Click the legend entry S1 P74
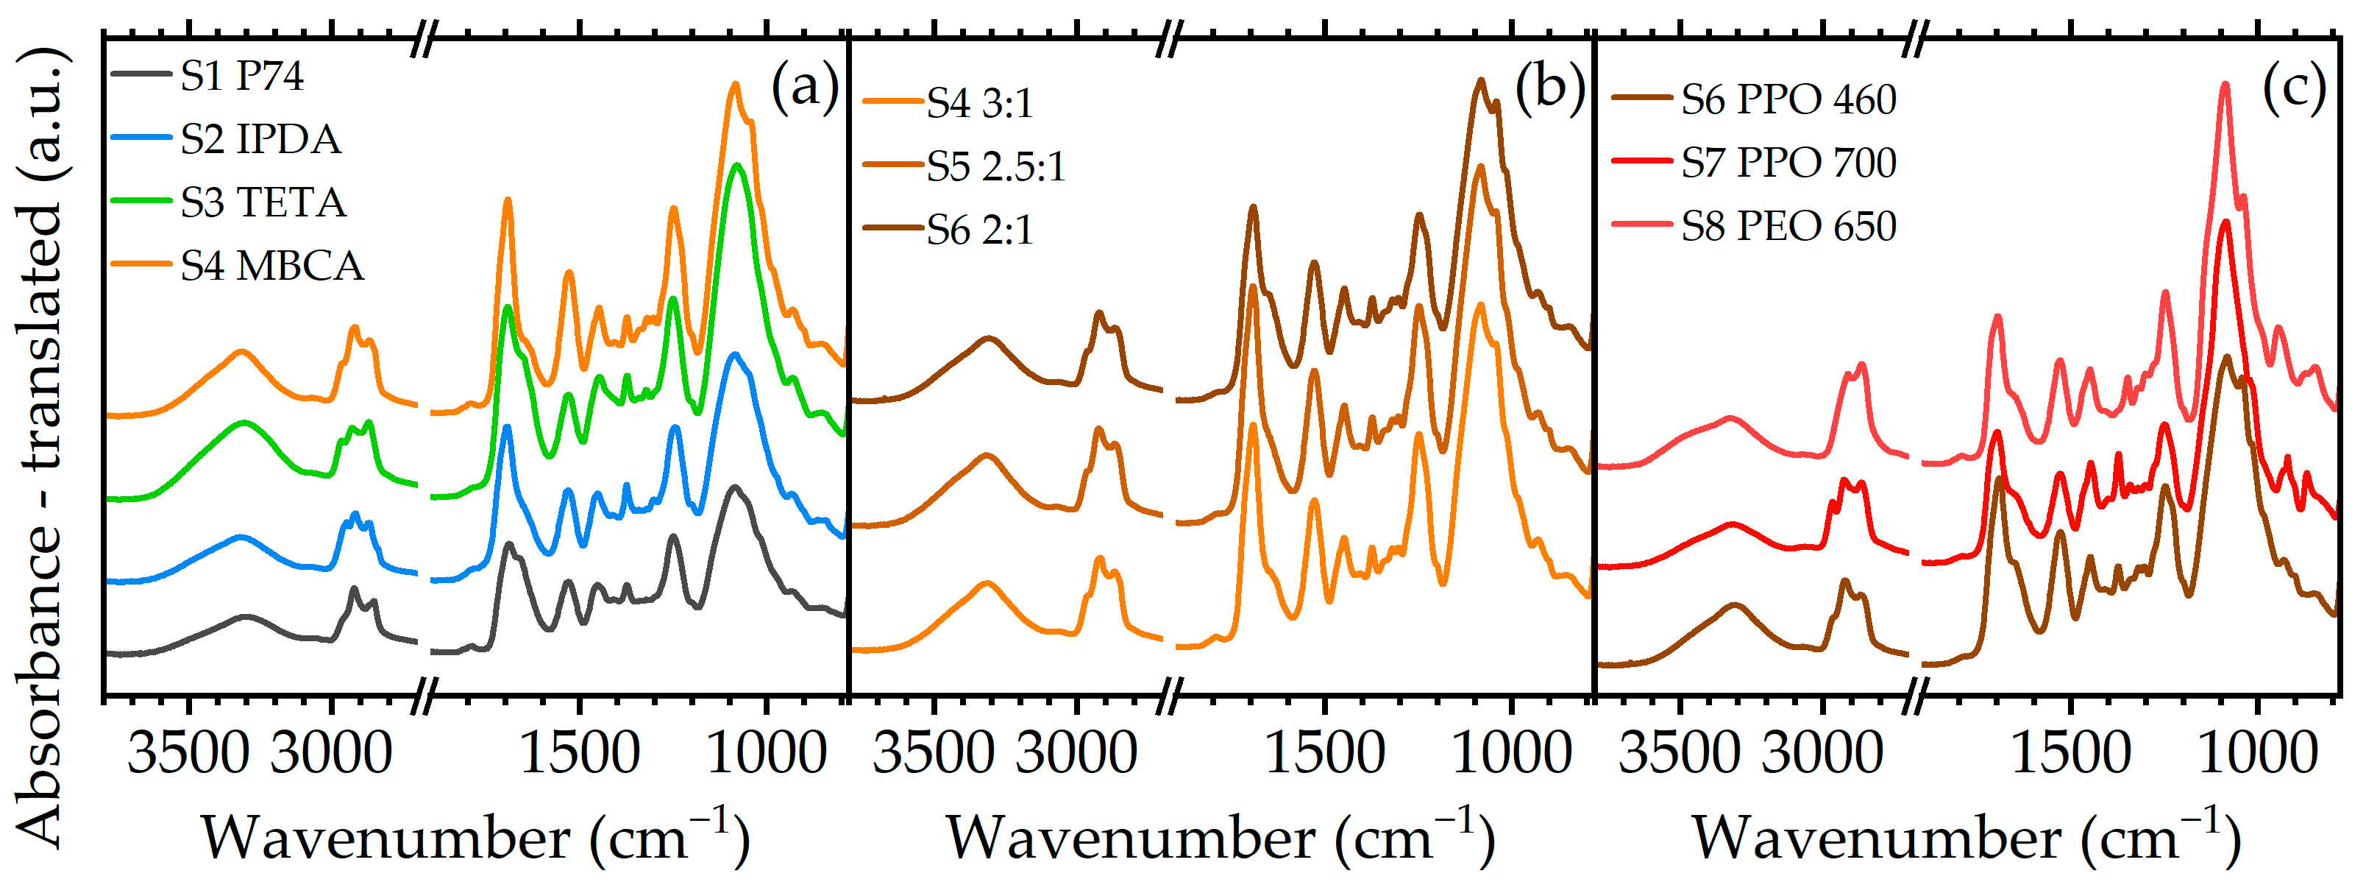pos(241,75)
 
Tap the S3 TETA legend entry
pos(263,202)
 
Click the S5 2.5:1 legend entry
pos(995,166)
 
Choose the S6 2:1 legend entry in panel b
pos(979,230)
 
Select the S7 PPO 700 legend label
pos(1788,163)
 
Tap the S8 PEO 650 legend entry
pos(1788,226)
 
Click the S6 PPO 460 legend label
pos(1788,99)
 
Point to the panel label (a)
pos(805,88)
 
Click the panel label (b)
pos(1549,88)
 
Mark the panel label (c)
pos(2293,88)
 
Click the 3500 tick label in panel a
pos(188,753)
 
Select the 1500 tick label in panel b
pos(1324,753)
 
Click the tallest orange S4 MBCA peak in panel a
pos(734,85)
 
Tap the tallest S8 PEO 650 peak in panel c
pos(2225,110)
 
